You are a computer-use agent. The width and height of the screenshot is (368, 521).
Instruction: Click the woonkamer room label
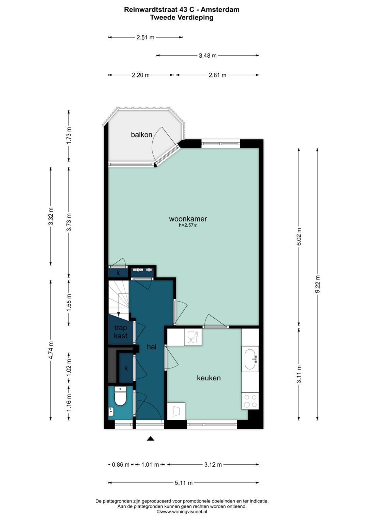[188, 219]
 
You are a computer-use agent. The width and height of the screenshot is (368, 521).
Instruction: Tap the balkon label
[141, 135]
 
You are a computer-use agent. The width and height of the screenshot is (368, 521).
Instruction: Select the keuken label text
[209, 378]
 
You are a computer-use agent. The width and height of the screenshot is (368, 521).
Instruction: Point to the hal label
[152, 347]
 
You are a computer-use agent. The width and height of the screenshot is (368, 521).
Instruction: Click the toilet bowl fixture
[120, 396]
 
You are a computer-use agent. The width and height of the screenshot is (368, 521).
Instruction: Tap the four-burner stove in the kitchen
[250, 401]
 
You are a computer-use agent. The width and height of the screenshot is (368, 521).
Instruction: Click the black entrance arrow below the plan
[151, 438]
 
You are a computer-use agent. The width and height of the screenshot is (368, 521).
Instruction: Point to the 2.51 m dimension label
[145, 37]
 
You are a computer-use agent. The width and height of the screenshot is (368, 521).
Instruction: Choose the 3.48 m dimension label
[208, 55]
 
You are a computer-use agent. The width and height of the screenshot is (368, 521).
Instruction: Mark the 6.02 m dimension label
[299, 236]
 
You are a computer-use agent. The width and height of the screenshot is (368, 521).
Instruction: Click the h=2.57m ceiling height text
[188, 225]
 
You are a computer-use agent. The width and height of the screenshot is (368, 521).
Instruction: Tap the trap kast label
[121, 332]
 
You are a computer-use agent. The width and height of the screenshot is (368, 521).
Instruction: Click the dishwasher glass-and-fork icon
[193, 336]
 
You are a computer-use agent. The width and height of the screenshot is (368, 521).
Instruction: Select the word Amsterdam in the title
[220, 10]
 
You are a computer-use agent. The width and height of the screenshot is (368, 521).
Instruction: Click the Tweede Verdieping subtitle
[182, 17]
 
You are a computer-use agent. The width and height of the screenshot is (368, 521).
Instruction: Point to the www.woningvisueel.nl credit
[182, 512]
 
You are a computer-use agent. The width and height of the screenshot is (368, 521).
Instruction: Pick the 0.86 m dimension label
[121, 465]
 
